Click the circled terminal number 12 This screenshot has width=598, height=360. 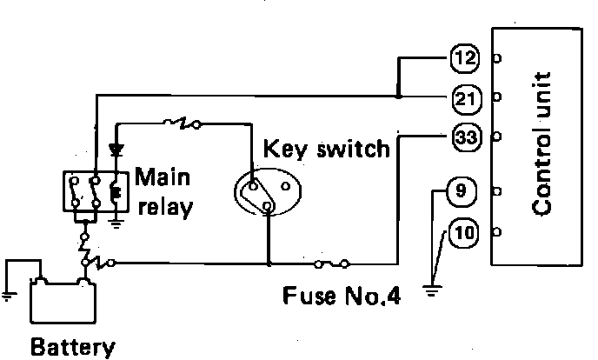tap(464, 59)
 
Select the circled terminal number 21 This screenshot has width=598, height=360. tap(465, 96)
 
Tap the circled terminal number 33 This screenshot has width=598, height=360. tap(464, 137)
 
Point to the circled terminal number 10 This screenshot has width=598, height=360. tap(464, 232)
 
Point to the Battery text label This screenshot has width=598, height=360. tap(72, 348)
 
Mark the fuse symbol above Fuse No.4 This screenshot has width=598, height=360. tap(332, 262)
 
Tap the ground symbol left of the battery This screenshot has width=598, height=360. tap(8, 294)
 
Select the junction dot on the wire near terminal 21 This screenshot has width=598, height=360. tap(397, 95)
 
